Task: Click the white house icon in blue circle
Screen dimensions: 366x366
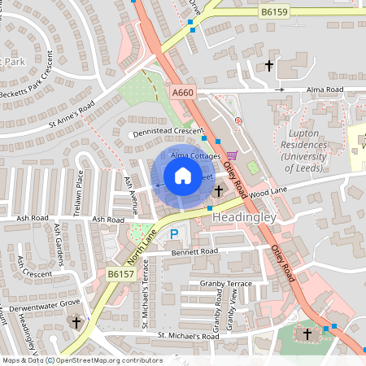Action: (x=183, y=176)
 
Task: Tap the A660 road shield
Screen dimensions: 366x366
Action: (x=184, y=94)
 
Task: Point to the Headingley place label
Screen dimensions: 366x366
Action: (x=245, y=220)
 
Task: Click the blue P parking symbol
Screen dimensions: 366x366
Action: (x=174, y=234)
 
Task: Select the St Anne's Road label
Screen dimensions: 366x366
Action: (x=72, y=115)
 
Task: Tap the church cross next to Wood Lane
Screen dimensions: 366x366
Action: (x=219, y=190)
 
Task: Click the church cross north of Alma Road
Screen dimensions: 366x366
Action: (x=269, y=65)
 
